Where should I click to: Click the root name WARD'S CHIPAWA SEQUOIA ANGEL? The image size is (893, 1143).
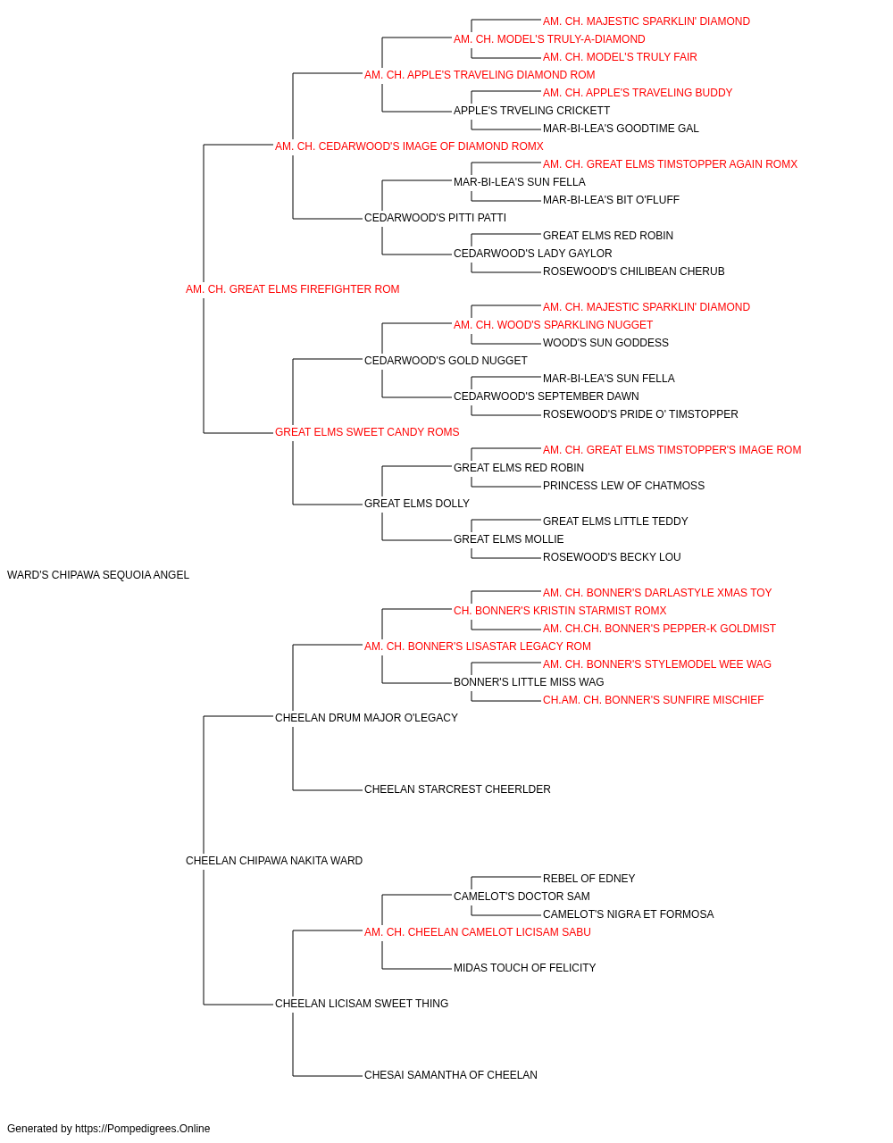click(98, 575)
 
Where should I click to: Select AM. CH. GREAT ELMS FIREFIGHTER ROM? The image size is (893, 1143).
click(292, 289)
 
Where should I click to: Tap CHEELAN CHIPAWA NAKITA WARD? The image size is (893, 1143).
click(274, 861)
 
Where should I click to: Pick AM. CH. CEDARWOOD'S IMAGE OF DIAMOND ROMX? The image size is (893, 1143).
click(409, 146)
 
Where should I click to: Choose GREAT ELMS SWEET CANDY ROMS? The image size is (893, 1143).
click(367, 432)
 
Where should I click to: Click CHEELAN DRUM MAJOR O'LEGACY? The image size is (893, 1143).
click(366, 718)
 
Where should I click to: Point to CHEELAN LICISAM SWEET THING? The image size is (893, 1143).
click(362, 1004)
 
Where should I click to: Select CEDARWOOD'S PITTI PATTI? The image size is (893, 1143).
click(436, 218)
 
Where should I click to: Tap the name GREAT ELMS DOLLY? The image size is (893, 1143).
click(417, 504)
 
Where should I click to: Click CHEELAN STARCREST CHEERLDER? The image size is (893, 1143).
click(457, 789)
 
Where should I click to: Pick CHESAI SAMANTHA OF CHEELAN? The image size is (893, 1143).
click(451, 1075)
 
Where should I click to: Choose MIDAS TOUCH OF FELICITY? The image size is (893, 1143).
click(525, 968)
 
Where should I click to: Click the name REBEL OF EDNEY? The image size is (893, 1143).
click(589, 879)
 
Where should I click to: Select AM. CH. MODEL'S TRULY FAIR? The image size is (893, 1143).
click(620, 57)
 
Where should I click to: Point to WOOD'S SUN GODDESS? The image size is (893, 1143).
click(605, 343)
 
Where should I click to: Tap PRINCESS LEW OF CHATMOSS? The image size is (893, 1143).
click(623, 486)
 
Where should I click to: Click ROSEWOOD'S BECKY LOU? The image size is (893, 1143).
click(612, 557)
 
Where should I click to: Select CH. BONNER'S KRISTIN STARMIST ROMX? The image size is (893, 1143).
click(560, 611)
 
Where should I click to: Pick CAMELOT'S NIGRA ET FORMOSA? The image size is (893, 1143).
click(629, 914)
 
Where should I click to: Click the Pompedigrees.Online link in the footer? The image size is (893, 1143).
click(143, 1129)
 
